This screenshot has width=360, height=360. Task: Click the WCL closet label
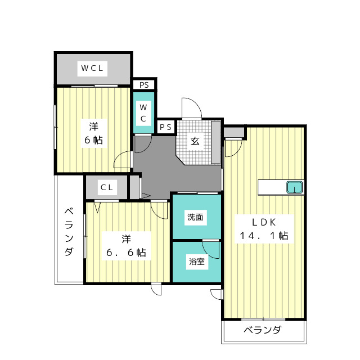[x=92, y=69]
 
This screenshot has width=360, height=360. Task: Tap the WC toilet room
[x=143, y=113]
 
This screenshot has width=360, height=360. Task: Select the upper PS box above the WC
[x=144, y=85]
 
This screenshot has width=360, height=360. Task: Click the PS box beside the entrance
[x=165, y=127]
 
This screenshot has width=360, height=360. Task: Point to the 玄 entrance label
[x=194, y=141]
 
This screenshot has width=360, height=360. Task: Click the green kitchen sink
[x=294, y=187]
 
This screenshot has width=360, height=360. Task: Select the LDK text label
[x=261, y=220]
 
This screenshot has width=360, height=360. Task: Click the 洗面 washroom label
[x=195, y=217]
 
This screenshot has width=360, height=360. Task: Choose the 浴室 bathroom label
[x=195, y=261]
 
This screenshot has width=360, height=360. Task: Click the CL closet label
[x=107, y=187]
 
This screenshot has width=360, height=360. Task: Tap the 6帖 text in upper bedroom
[x=93, y=140]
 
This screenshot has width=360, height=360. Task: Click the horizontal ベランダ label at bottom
[x=262, y=330]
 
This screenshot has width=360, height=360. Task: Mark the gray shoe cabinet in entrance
[x=216, y=142]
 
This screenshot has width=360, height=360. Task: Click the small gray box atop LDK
[x=233, y=133]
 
